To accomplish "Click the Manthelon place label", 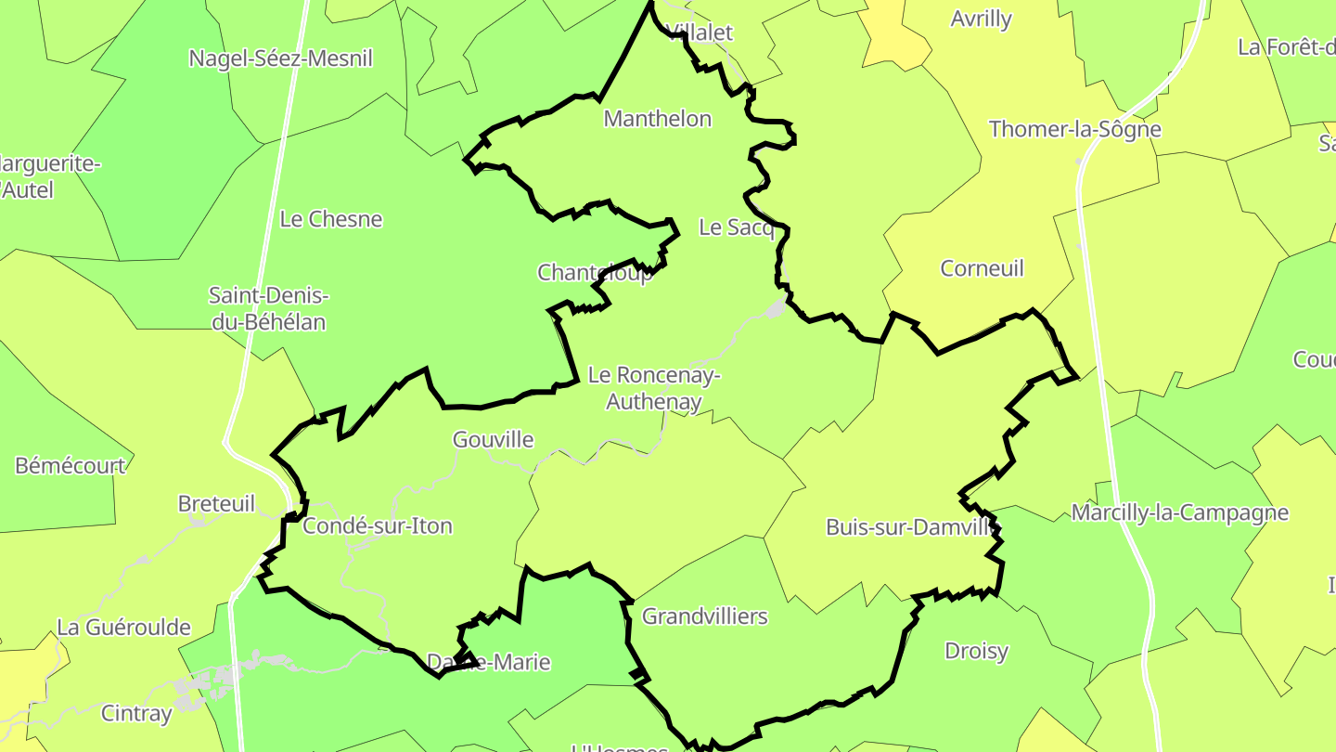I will [657, 119].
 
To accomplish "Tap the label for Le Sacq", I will [736, 227].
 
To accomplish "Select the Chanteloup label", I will [595, 273].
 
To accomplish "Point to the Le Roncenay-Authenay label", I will [654, 389].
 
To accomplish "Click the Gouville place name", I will [493, 439].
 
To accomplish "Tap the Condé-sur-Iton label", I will [378, 526].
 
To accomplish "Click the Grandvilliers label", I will [705, 616].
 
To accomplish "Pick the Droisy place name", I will [976, 651].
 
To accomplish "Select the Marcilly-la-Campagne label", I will [1180, 512].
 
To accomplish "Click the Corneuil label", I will [982, 268].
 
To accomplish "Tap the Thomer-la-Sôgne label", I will [1075, 129].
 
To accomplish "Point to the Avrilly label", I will [981, 19].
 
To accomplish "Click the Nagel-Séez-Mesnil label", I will [280, 58].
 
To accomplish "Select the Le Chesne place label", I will [331, 219].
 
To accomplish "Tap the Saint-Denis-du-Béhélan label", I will [268, 309].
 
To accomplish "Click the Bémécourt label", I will [70, 465].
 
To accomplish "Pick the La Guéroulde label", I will [123, 628].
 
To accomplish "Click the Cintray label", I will [136, 713].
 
